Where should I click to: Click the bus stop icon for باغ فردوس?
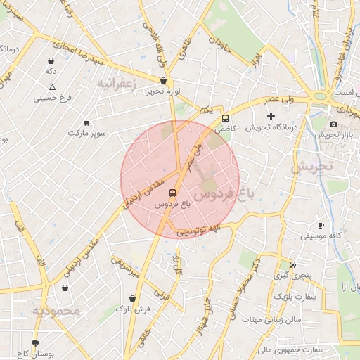click(173, 192)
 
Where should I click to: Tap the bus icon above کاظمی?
click(225, 118)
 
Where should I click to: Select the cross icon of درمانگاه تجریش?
click(271, 115)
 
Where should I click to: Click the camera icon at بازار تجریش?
click(333, 124)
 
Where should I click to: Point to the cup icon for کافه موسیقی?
click(321, 225)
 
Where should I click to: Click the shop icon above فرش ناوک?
click(132, 297)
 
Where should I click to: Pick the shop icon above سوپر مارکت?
click(86, 122)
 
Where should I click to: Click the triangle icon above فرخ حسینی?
click(52, 87)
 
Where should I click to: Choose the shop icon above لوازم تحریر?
click(163, 81)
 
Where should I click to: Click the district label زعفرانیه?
click(115, 84)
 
